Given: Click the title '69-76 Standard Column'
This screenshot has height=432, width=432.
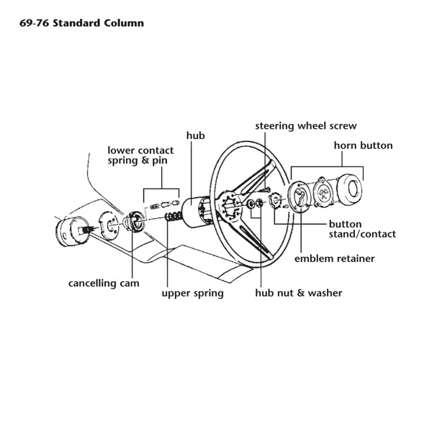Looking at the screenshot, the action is click(81, 23).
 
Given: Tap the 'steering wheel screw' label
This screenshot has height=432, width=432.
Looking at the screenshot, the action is click(306, 126).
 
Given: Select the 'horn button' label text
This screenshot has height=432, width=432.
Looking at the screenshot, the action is click(364, 145).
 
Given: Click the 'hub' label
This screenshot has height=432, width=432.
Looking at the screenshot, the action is click(196, 135).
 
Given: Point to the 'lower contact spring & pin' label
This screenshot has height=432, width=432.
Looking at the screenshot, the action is click(140, 156).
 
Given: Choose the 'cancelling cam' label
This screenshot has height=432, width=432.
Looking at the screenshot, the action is click(104, 283).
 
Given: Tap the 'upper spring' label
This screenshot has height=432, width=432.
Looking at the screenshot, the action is click(192, 293).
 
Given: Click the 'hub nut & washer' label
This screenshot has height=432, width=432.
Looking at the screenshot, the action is click(299, 293).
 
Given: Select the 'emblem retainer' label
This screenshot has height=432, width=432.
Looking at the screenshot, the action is click(335, 258).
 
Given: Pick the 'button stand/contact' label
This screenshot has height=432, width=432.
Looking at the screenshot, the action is click(362, 229).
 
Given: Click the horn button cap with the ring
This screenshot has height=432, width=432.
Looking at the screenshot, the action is click(350, 189).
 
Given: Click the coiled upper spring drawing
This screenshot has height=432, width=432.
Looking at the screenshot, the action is click(173, 216).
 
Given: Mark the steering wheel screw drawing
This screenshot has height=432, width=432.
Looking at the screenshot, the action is click(264, 191).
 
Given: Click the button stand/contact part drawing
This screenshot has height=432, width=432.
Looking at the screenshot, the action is click(275, 201).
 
